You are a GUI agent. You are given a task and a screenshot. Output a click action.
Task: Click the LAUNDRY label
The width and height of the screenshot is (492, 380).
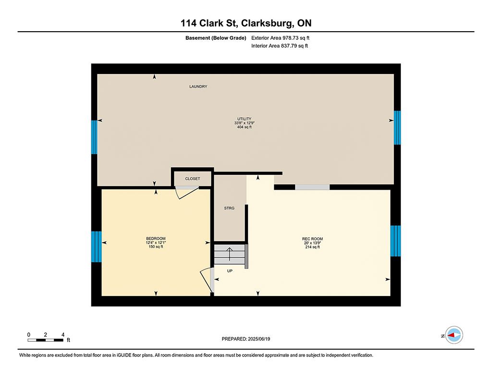198,86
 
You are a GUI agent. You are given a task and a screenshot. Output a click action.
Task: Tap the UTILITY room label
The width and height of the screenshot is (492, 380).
244,119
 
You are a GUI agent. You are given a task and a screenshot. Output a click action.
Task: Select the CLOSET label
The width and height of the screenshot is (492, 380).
192,179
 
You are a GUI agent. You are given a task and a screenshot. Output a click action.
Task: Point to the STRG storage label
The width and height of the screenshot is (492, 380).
229,208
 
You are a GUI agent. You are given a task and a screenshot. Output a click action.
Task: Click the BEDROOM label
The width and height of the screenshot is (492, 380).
156,238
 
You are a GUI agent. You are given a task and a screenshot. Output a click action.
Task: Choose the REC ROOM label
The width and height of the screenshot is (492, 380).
312,239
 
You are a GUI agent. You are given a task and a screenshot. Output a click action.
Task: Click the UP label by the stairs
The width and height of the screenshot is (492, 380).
230,271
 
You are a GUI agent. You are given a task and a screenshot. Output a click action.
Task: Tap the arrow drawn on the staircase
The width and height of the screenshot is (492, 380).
229,254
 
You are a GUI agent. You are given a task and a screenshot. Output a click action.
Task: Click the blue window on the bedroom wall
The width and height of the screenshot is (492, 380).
96,246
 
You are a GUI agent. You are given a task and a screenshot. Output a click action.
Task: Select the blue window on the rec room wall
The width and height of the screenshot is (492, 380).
395,241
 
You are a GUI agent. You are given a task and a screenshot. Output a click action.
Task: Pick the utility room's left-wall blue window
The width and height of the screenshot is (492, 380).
94,137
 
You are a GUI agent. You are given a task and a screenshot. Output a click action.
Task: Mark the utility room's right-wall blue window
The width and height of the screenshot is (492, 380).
397,128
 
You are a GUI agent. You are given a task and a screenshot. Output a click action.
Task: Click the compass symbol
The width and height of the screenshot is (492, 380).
454,335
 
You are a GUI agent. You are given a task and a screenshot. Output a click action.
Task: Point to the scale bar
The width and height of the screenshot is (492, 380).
46,340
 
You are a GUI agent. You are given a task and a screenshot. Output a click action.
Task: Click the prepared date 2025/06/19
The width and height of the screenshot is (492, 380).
259,339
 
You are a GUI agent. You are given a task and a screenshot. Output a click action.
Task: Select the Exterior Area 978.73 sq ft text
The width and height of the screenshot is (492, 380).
280,38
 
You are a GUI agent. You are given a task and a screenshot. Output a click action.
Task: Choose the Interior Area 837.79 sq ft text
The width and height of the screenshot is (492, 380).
279,46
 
